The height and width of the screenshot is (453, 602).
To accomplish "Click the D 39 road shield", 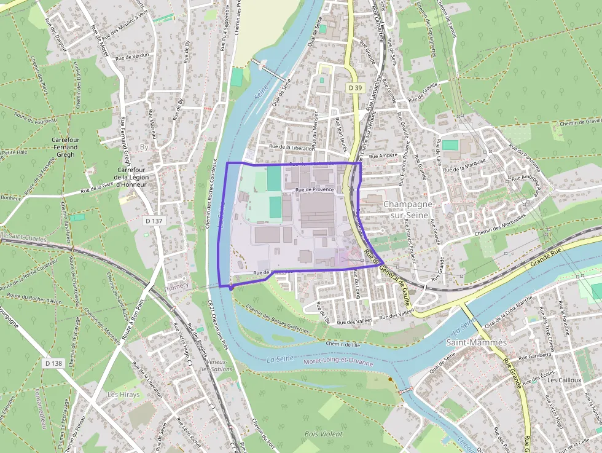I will point(354,88).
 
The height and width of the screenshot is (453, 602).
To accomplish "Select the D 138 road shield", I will point(53,363).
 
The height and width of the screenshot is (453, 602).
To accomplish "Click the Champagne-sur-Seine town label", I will point(408,209).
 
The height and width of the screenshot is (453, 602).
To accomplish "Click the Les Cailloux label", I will point(564,380).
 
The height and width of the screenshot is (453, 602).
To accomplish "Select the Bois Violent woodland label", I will point(323,434).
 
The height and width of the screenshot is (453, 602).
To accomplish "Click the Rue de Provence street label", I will point(315,190).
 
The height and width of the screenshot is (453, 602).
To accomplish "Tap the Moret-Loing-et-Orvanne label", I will point(338,363).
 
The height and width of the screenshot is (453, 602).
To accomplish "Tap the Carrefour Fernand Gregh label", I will point(65,148).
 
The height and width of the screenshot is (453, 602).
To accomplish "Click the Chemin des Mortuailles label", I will point(501,226).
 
